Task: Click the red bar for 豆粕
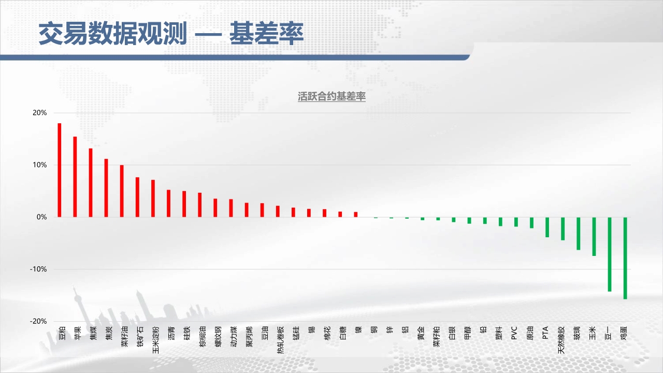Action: click(59, 170)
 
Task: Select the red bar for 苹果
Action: click(75, 177)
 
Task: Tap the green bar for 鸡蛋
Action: click(625, 258)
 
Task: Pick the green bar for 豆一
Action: click(610, 254)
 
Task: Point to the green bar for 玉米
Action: click(594, 237)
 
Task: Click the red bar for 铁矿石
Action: click(137, 197)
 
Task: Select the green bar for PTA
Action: click(547, 227)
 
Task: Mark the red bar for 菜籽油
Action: click(122, 191)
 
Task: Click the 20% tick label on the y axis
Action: click(40, 113)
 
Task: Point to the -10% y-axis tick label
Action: click(38, 269)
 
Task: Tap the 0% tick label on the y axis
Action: click(42, 217)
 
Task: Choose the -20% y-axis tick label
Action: click(38, 321)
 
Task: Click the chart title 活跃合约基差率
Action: click(331, 96)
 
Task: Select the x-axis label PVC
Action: click(514, 333)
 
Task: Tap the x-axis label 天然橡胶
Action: click(561, 340)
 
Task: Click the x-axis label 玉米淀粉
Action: click(156, 340)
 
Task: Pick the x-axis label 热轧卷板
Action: click(281, 340)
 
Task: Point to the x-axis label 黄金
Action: click(421, 333)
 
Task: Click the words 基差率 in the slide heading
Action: click(267, 33)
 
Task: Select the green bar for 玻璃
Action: click(579, 234)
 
